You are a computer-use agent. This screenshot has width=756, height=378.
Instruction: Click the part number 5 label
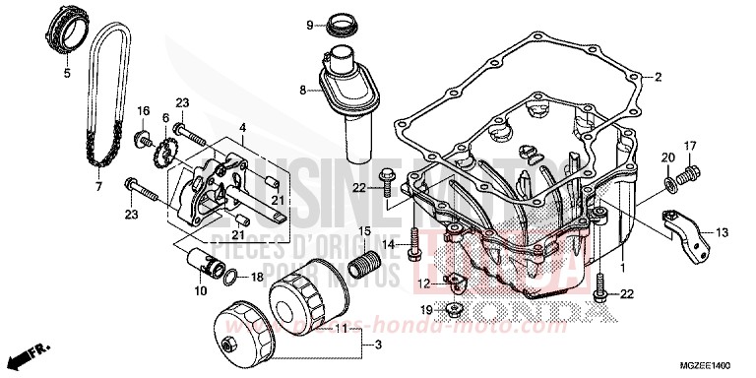tap(68, 73)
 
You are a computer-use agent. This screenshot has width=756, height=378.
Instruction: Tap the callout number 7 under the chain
tap(98, 185)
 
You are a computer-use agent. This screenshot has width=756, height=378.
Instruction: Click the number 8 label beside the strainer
tap(303, 90)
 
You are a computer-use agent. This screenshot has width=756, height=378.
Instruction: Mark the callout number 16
tap(143, 109)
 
